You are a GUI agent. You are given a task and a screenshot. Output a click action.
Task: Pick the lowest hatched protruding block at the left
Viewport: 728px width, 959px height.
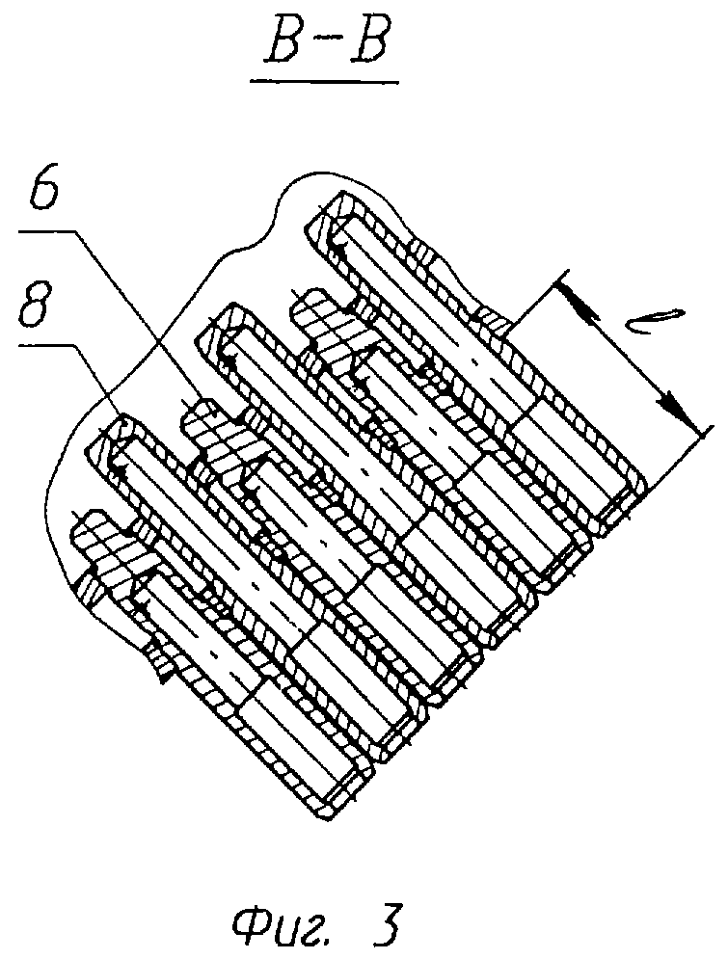96,535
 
